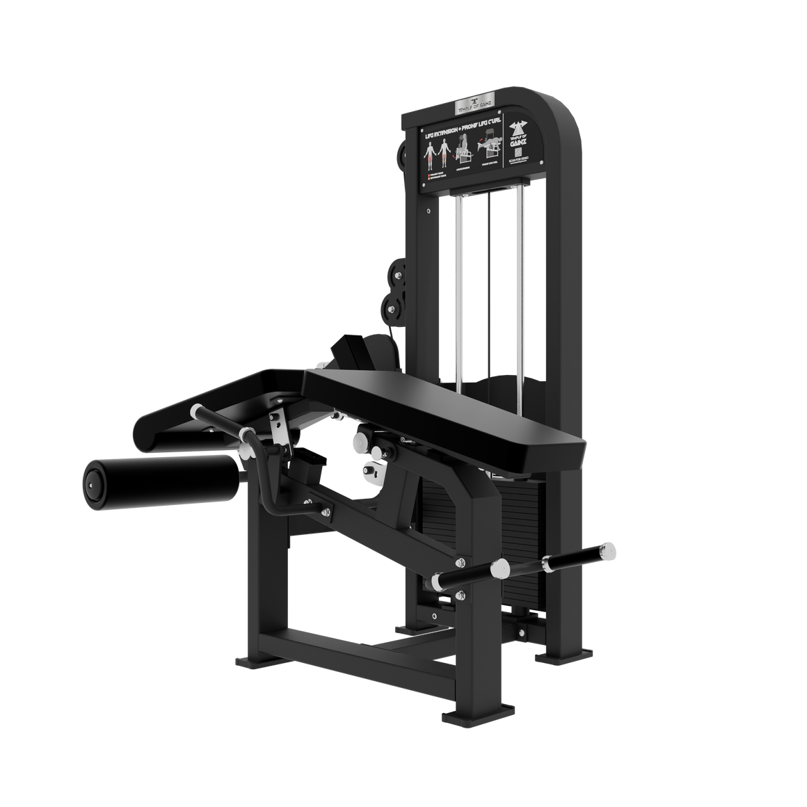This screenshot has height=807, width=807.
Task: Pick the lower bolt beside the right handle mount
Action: [x=460, y=595]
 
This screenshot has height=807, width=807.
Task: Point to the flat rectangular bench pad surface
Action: [x=445, y=410]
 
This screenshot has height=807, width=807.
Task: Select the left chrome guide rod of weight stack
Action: [x=458, y=285]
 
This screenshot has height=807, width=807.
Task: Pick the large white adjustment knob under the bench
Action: [x=362, y=443]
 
